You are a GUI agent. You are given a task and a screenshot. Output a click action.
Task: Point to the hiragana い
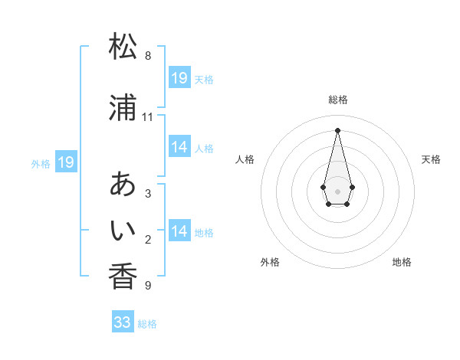click(123, 229)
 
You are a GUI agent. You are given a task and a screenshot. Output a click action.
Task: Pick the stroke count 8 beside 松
click(148, 56)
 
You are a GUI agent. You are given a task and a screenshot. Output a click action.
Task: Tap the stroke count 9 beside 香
click(147, 286)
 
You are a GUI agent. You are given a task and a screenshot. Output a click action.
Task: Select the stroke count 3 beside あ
click(147, 194)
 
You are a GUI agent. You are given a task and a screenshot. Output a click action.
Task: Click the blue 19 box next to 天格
click(179, 78)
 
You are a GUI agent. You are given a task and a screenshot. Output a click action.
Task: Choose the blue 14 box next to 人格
click(179, 147)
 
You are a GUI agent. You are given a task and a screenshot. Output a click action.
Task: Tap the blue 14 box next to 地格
click(179, 231)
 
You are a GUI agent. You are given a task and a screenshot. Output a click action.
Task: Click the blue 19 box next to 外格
click(66, 162)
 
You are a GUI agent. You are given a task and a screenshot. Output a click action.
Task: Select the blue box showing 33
click(123, 322)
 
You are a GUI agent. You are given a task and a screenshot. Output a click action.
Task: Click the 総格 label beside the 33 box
click(147, 324)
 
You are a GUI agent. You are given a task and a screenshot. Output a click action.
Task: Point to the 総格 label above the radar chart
click(338, 100)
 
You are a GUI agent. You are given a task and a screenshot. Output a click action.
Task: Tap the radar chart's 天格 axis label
click(431, 159)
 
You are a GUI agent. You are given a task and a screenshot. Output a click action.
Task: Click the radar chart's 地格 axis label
click(402, 262)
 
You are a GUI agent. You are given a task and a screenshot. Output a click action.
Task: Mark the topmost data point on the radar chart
click(337, 129)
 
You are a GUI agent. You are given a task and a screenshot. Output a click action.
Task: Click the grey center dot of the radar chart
click(337, 190)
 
